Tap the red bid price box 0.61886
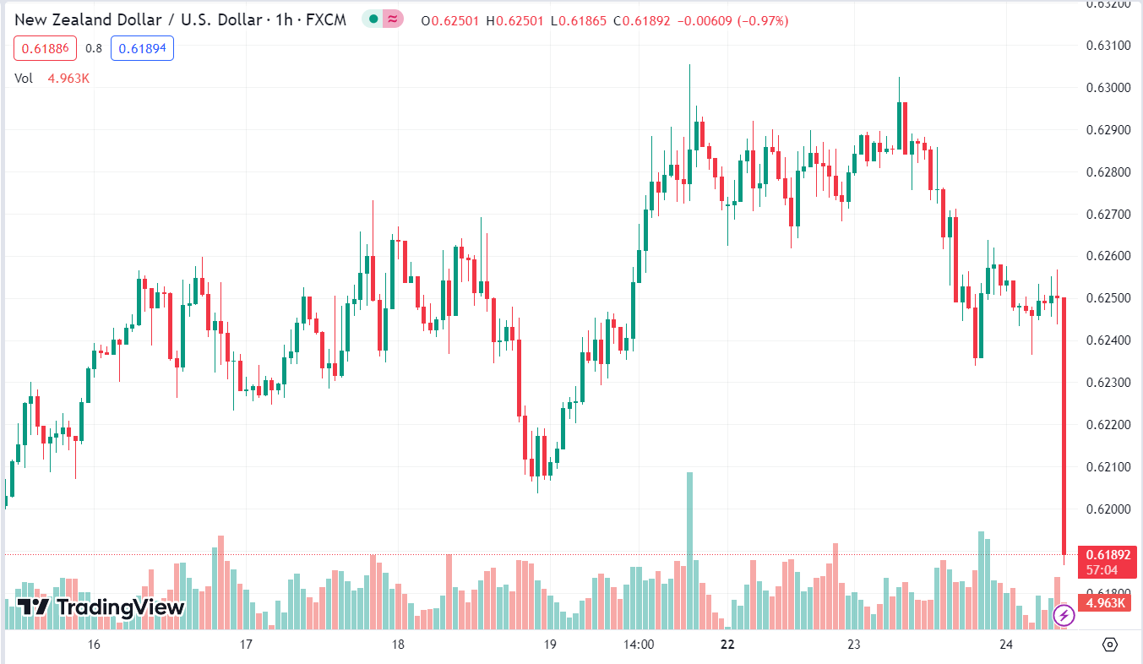[x=45, y=48]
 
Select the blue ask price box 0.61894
[x=142, y=48]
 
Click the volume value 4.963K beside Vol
[x=68, y=79]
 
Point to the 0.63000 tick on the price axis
[x=1107, y=88]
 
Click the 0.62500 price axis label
[x=1107, y=298]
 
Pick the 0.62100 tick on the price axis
[x=1107, y=467]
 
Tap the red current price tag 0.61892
[x=1107, y=555]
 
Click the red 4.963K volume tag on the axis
[x=1107, y=602]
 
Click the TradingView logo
[x=101, y=607]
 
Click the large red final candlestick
[x=1064, y=422]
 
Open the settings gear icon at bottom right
[x=1110, y=645]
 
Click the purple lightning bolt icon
[x=1063, y=615]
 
